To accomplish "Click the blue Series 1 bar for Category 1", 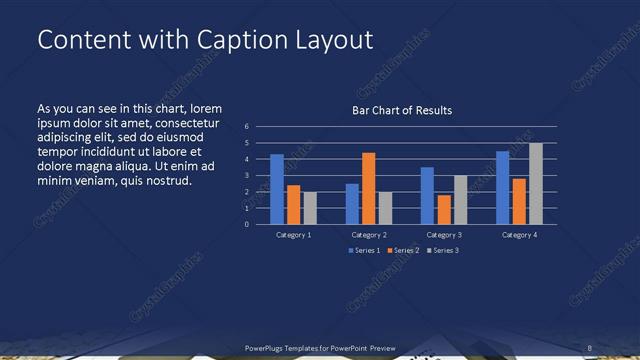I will click(277, 189).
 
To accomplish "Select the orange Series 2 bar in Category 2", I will click(369, 188).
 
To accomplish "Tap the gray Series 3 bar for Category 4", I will click(536, 183).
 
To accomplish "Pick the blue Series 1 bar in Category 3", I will click(428, 195).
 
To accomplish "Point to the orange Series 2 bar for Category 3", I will click(444, 209).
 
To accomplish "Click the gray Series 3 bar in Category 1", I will click(310, 208).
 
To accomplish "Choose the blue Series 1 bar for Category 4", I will click(503, 187).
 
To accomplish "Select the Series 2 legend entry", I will click(402, 250).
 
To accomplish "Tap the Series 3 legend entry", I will click(441, 250).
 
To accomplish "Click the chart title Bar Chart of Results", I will click(402, 110).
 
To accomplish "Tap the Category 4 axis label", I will click(519, 234).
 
